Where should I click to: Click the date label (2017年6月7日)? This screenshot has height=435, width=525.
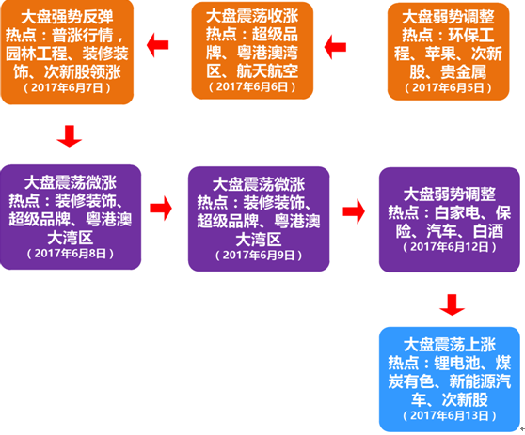click(x=67, y=87)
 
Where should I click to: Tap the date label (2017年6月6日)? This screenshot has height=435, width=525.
click(x=252, y=86)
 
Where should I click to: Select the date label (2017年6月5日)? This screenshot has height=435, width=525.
click(x=449, y=87)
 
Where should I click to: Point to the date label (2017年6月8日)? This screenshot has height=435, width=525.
click(x=71, y=253)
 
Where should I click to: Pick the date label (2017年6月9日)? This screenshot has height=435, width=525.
click(x=259, y=256)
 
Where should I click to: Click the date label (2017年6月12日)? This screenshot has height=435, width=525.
click(x=450, y=247)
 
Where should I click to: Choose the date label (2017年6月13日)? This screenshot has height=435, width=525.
click(x=450, y=415)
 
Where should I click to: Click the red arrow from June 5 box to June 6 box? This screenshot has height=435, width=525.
click(x=335, y=47)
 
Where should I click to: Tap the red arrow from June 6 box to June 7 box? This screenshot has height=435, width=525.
click(x=157, y=45)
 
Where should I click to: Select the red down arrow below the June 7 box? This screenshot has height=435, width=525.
click(x=70, y=136)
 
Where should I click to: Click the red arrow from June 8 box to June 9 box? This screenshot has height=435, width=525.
click(x=161, y=209)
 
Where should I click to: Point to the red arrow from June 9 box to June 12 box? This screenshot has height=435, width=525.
click(x=354, y=211)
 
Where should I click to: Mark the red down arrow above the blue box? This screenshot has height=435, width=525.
click(x=452, y=305)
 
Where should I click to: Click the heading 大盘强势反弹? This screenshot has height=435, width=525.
click(x=67, y=17)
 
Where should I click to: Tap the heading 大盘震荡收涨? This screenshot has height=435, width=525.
click(x=252, y=16)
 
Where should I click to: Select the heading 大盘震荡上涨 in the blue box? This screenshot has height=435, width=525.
click(x=450, y=345)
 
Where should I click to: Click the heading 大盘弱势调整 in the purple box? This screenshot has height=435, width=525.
click(x=450, y=194)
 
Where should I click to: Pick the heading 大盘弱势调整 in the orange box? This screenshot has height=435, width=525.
click(x=449, y=17)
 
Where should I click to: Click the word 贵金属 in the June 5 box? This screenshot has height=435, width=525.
click(x=464, y=71)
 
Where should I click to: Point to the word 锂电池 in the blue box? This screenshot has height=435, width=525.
click(x=457, y=363)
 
